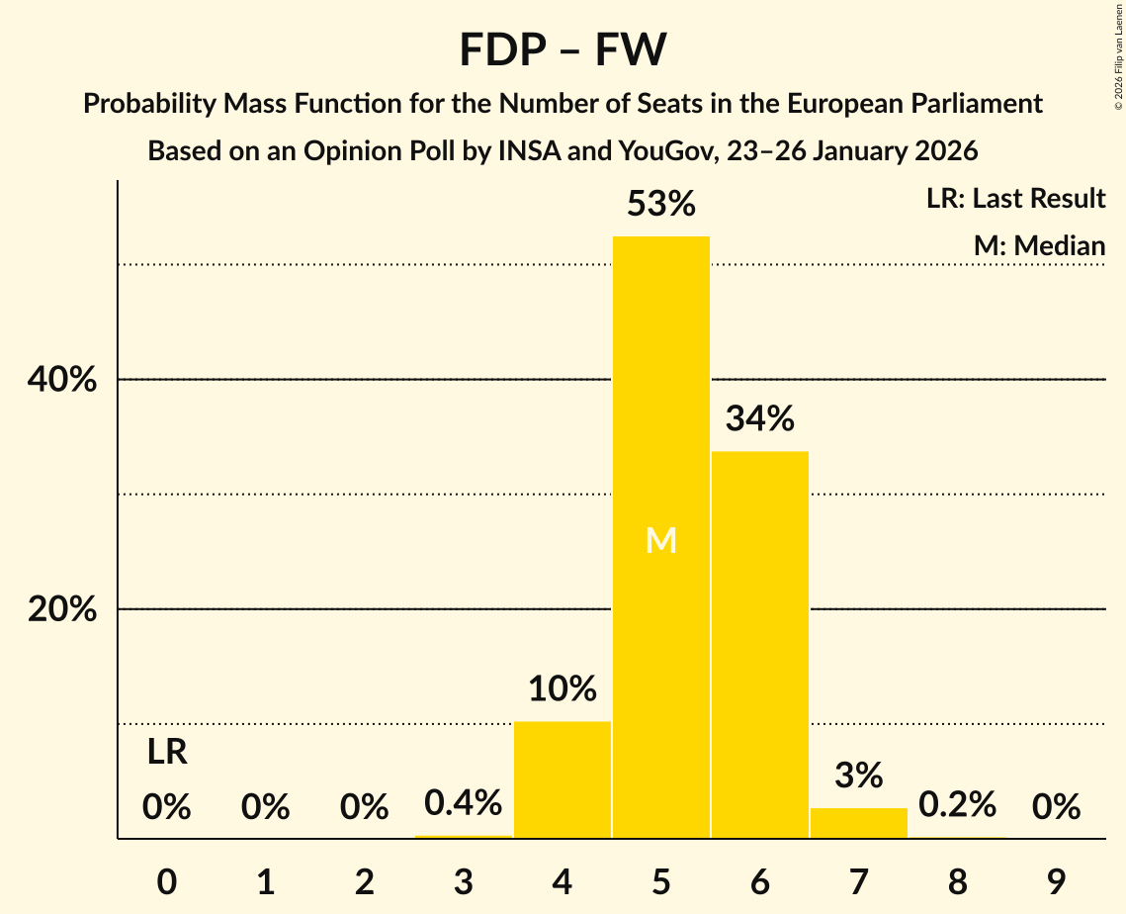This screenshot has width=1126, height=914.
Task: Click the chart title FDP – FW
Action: point(563,49)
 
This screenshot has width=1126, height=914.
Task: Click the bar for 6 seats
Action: point(760,644)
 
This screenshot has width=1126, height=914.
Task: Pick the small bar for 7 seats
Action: point(858,823)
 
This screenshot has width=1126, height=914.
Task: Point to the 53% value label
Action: point(661,205)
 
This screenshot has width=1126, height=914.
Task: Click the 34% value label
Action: point(760,419)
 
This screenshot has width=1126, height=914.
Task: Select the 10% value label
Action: point(563,689)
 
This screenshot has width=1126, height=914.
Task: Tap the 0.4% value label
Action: point(464,803)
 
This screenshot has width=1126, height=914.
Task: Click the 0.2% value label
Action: point(957,805)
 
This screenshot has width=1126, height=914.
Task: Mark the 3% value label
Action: point(858,776)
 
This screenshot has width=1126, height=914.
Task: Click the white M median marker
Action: point(661,540)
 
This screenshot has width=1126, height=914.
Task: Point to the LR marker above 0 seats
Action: point(167,753)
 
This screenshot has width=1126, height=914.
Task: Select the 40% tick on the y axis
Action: point(62,380)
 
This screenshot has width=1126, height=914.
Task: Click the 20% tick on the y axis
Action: point(62,610)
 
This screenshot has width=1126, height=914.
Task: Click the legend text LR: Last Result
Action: point(1015,199)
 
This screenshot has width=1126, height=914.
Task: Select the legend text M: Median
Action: point(1039,245)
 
